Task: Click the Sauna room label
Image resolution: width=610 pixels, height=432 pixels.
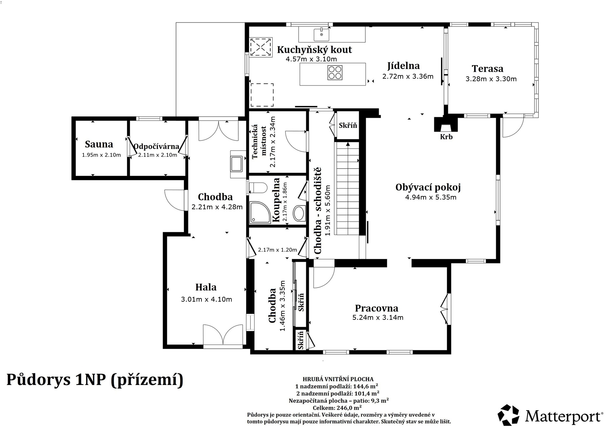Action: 99,144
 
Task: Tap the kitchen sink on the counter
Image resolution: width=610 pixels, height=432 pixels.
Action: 321,34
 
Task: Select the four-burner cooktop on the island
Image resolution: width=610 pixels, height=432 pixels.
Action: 335,73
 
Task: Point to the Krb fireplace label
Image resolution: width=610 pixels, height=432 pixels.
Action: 446,137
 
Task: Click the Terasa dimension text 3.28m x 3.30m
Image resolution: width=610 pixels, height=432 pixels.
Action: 491,79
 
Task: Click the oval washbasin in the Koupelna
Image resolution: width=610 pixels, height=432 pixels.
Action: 299,213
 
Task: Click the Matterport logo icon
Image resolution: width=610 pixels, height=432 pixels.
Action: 508,415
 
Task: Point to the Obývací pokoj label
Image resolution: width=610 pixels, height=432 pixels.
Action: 428,187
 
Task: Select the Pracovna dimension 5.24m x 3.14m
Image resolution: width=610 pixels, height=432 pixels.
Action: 378,317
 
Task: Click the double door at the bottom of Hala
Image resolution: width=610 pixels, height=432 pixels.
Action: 223,337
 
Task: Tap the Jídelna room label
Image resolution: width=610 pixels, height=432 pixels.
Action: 403,66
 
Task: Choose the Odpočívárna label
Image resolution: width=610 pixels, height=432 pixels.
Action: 156,147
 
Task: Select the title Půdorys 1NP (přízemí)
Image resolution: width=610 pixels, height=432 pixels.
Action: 95,380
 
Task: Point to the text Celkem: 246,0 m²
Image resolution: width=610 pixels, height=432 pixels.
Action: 337,408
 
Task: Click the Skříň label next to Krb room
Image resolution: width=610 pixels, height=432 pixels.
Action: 348,125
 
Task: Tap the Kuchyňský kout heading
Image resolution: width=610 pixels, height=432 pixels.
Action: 315,50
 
